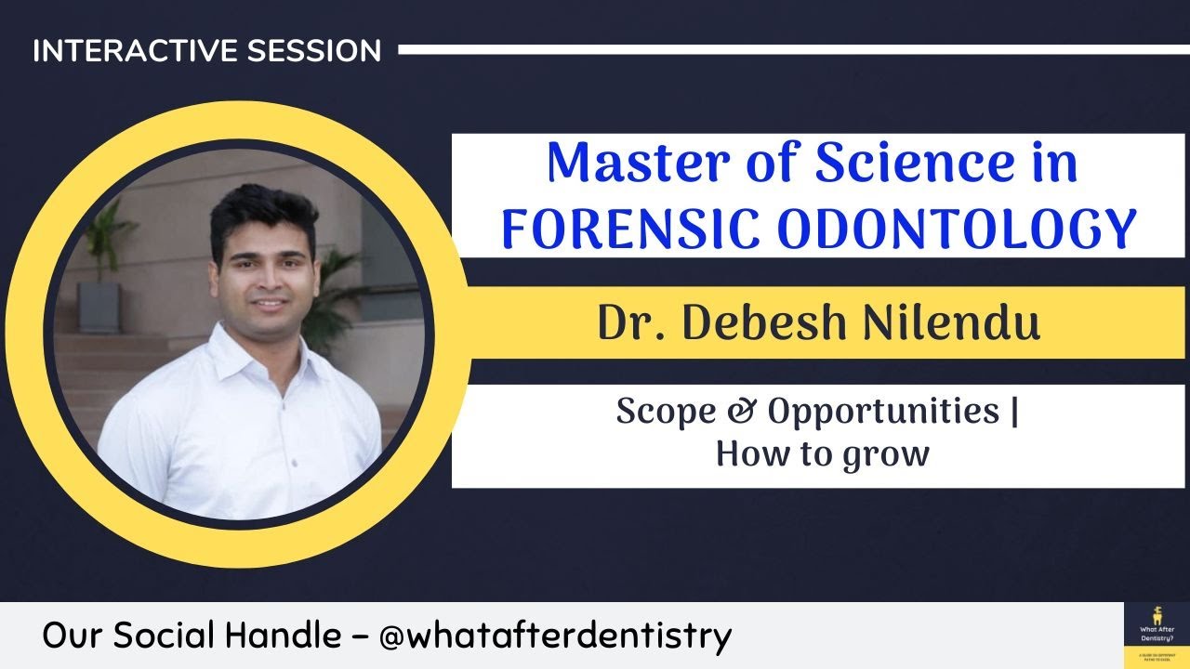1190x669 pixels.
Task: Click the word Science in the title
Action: point(911,163)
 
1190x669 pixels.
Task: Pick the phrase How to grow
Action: point(822,454)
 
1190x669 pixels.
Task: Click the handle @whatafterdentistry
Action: point(556,636)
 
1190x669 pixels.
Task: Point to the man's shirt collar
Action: point(251,348)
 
